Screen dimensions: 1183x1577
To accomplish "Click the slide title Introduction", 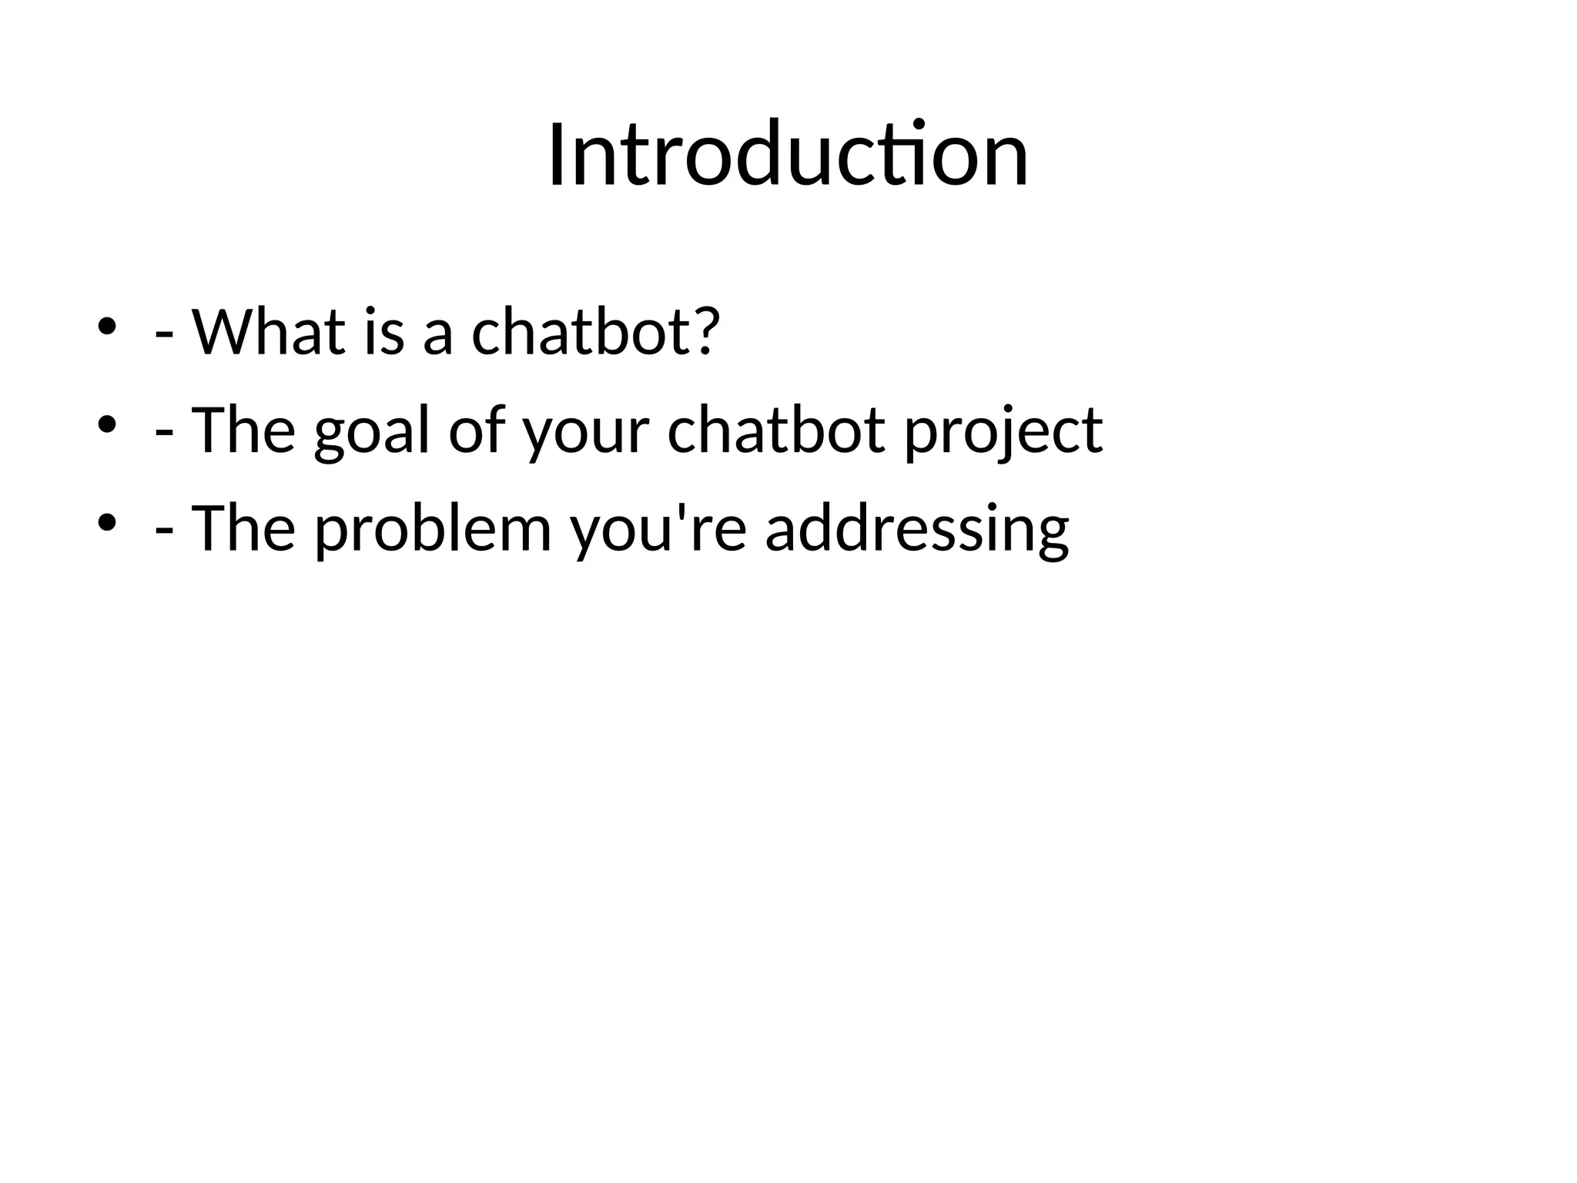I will [788, 156].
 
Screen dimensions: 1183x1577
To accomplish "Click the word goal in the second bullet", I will [371, 431].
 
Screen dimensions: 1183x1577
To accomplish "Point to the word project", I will [1003, 431].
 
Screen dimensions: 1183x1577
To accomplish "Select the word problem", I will [434, 529].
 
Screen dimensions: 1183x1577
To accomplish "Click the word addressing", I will [917, 529].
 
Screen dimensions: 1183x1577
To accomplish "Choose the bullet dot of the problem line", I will [106, 522].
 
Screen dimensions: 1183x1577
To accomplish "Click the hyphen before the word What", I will [163, 337].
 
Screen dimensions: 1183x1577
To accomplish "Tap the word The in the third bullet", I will [243, 528].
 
